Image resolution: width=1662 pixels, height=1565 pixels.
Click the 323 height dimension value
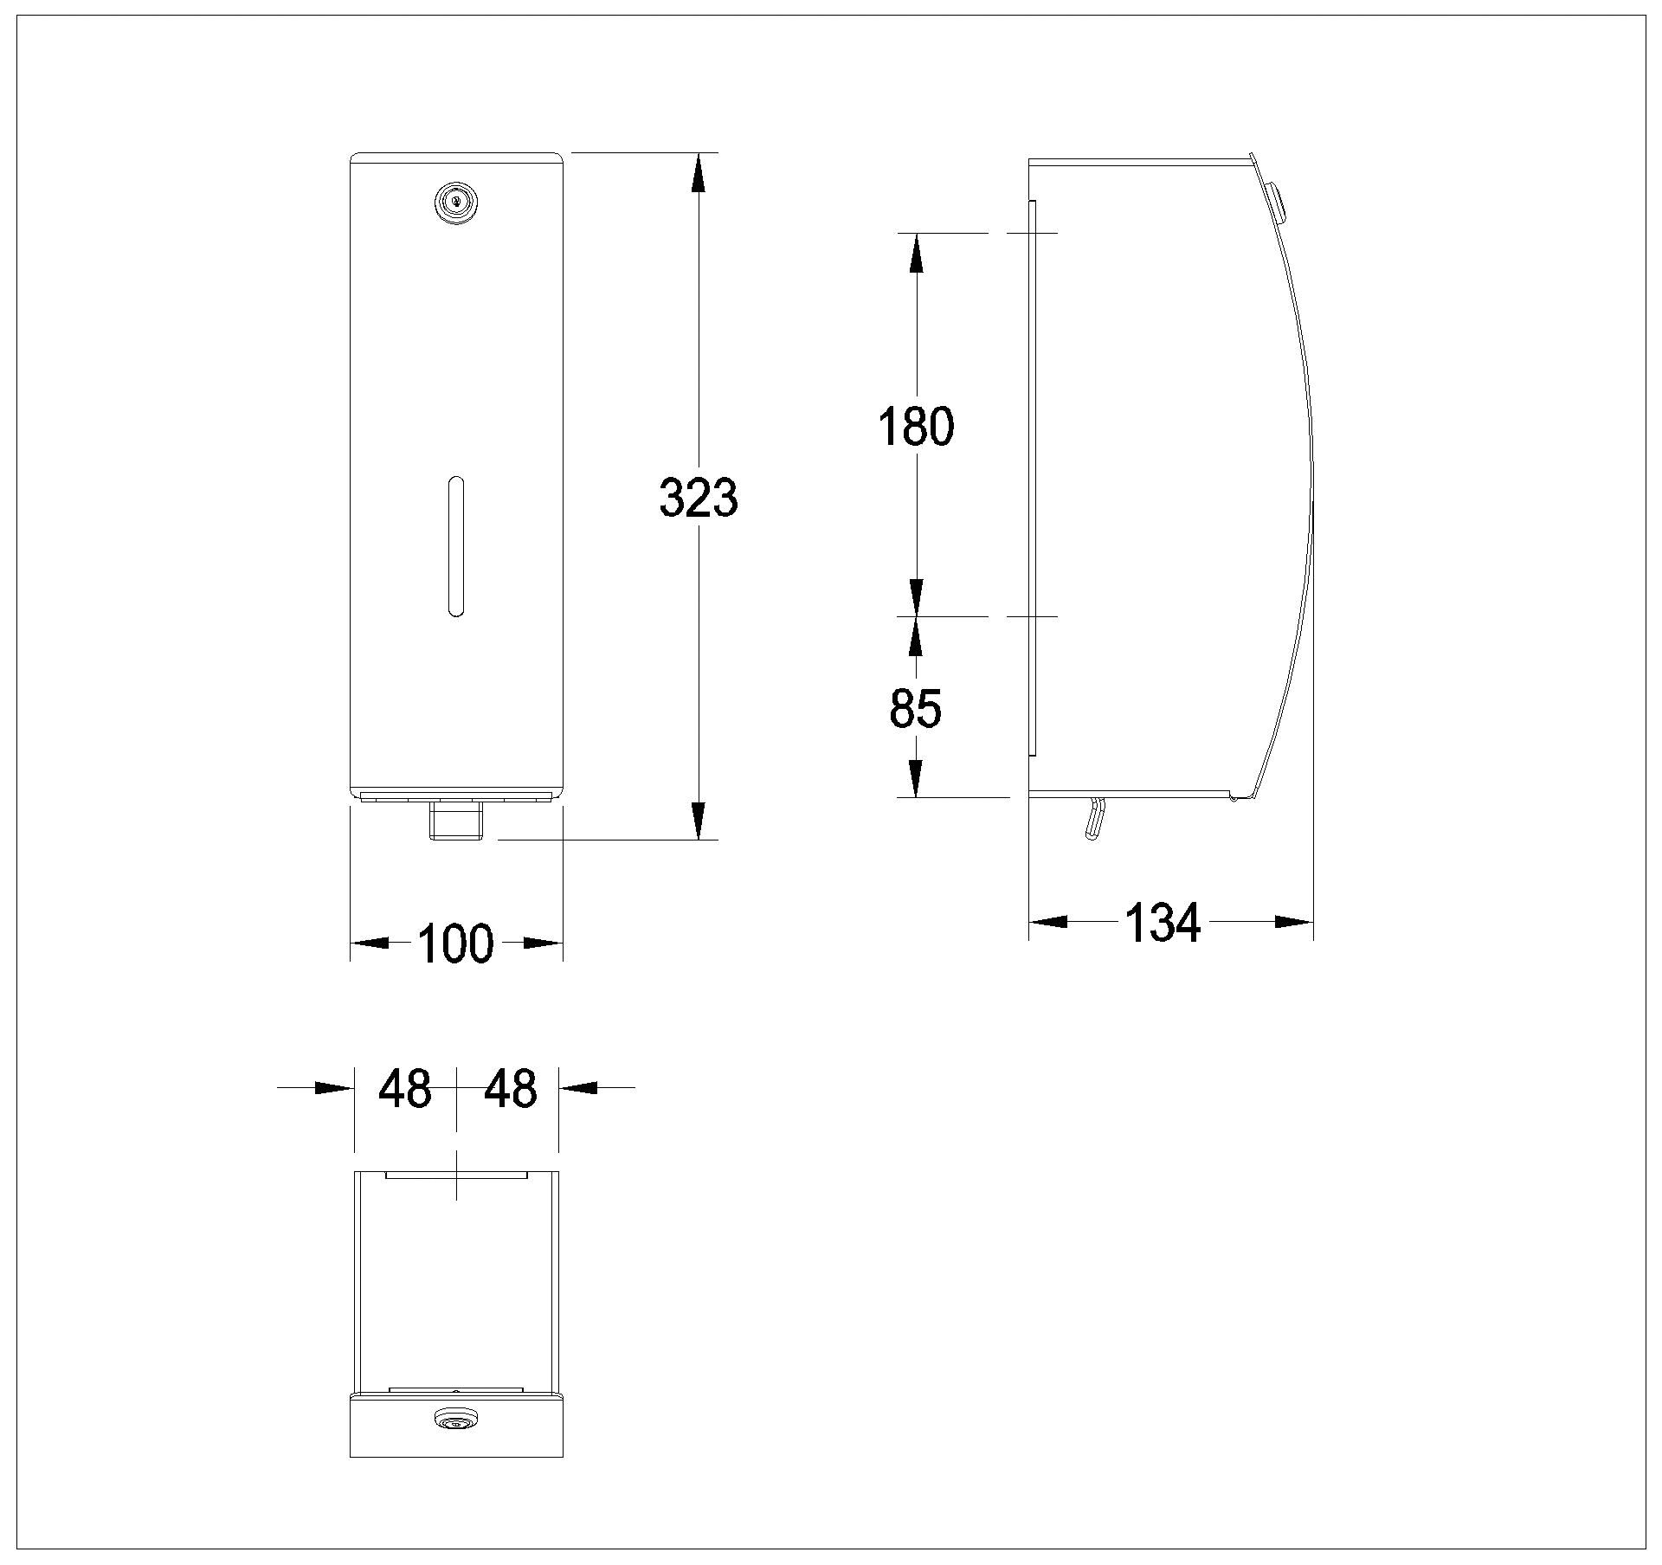click(x=698, y=497)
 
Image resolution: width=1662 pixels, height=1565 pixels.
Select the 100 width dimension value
click(x=455, y=944)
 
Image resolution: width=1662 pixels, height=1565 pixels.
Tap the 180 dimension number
click(x=916, y=426)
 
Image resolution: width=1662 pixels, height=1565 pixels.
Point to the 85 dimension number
click(x=915, y=709)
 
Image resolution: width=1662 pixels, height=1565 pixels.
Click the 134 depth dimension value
click(x=1163, y=922)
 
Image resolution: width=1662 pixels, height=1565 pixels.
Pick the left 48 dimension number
click(x=405, y=1088)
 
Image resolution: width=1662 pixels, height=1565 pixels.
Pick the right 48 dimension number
click(x=510, y=1088)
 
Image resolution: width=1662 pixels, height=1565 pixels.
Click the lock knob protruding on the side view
click(x=1275, y=201)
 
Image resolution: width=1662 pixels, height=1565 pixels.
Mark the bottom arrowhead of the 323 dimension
click(x=699, y=821)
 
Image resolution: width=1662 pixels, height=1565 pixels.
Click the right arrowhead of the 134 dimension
click(x=1294, y=923)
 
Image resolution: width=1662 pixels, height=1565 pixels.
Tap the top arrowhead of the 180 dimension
click(x=916, y=253)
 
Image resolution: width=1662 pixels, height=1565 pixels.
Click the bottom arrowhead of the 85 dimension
click(x=916, y=777)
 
